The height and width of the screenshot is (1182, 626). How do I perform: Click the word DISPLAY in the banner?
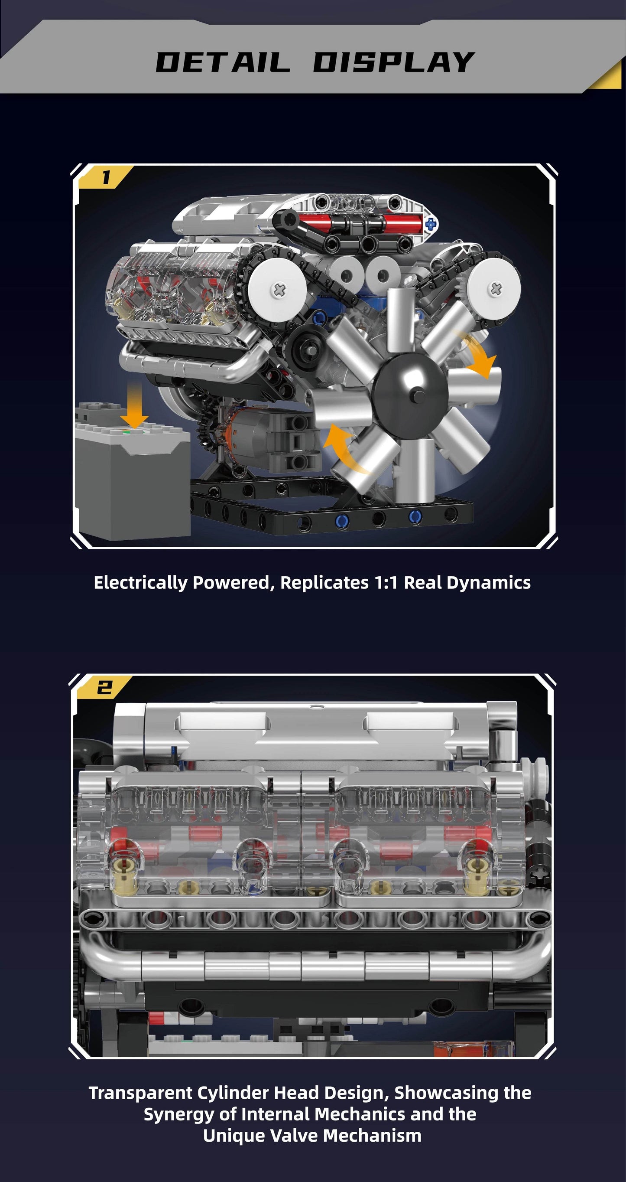[x=393, y=62]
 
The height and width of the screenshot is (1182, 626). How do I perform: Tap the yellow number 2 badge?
[x=104, y=687]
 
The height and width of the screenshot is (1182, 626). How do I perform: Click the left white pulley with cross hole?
[x=279, y=289]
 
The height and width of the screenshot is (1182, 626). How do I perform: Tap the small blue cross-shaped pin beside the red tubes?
[x=431, y=224]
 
